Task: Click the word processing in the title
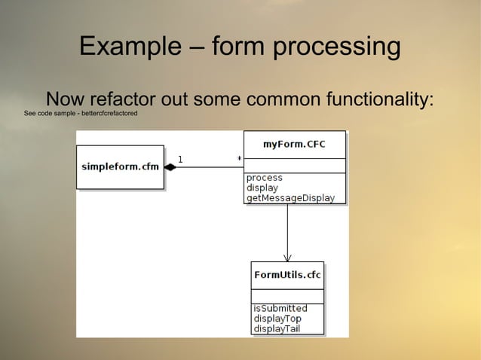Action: click(x=338, y=47)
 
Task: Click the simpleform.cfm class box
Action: click(x=120, y=166)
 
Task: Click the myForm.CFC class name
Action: click(x=294, y=145)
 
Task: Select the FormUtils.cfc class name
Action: click(x=287, y=275)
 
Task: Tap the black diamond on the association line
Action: click(x=170, y=167)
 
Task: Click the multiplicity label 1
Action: click(x=179, y=159)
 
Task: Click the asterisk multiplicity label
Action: click(x=239, y=160)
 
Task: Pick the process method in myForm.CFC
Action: click(x=265, y=178)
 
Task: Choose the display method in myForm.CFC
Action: click(x=262, y=188)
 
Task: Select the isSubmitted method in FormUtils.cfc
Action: click(x=280, y=309)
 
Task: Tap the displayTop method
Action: click(x=277, y=319)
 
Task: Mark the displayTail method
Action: click(x=277, y=328)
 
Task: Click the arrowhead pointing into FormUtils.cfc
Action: click(x=287, y=257)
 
